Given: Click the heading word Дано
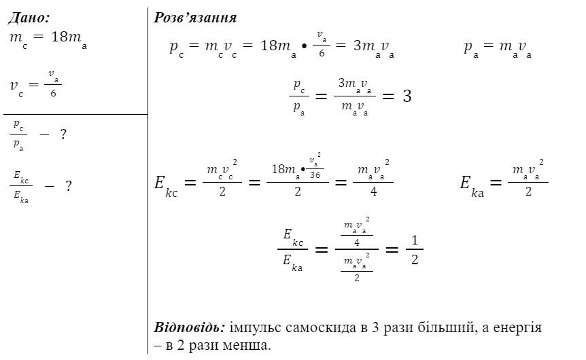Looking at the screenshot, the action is pos(29,18).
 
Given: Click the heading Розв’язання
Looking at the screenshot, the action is pos(195,18).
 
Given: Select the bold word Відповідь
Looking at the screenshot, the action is pos(190,327).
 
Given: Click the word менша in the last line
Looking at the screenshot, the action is pos(246,345).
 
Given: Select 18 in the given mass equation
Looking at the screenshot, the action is pos(59,37).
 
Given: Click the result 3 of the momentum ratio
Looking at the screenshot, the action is pos(407,96).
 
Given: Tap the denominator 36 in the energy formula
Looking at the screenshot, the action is pos(315,175).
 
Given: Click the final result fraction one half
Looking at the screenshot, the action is pos(415,249).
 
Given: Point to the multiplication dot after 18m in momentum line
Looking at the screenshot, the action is pos(304,47).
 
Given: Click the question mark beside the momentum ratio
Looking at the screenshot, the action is pos(63,134).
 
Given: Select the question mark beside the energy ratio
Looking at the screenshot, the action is pos(69,185).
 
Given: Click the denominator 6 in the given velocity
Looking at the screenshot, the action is pos(53,93).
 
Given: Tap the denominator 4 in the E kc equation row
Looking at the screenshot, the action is pos(373,192).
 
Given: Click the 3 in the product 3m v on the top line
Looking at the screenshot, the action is pos(358,46).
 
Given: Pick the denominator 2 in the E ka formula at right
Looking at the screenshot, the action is pos(528,192).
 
